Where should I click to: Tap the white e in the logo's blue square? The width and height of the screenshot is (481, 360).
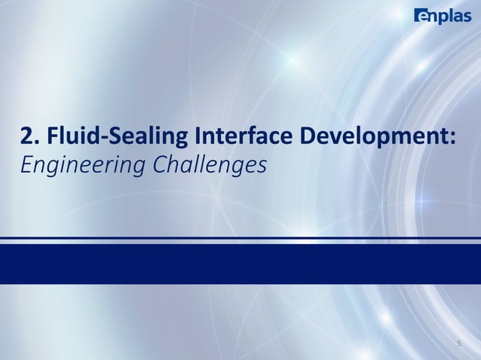[420, 16]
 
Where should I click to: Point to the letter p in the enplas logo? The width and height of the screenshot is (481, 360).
[443, 17]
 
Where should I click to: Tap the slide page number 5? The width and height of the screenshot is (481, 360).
[459, 344]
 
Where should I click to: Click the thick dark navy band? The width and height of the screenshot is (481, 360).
[240, 264]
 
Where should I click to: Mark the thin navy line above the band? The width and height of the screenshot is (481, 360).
[240, 238]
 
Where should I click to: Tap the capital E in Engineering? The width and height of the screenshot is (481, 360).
[26, 163]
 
